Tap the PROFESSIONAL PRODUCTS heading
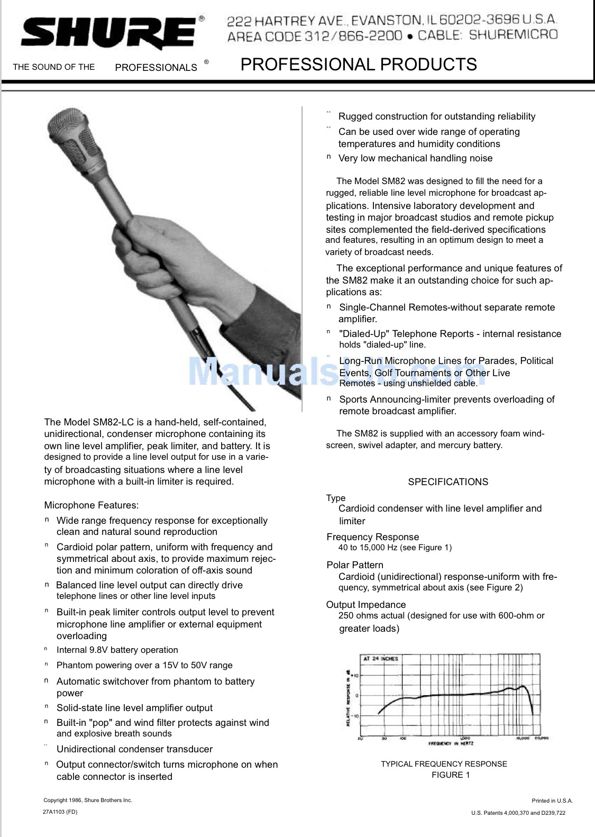coord(359,65)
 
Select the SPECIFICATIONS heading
coord(448,482)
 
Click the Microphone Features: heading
coord(91,505)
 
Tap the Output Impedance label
coord(366,605)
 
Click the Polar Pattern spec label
coord(355,565)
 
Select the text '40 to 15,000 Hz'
coord(368,548)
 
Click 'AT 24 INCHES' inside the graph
coord(380,659)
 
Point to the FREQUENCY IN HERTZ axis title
coord(451,743)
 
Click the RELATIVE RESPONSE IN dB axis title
coord(348,697)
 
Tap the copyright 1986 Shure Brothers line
coord(88,800)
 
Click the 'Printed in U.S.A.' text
coord(552,800)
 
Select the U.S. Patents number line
coord(518,813)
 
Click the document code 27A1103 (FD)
coord(60,812)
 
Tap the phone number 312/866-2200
coord(353,36)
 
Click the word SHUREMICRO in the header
coord(513,35)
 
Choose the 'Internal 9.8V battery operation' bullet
coord(117,650)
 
